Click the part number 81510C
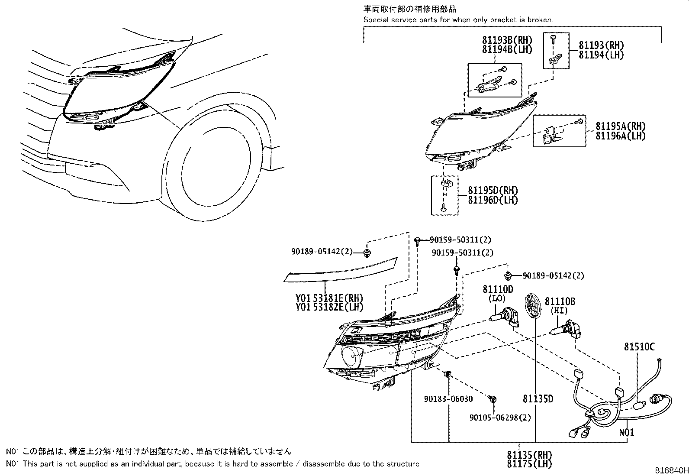pyautogui.click(x=639, y=346)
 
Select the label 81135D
pyautogui.click(x=538, y=399)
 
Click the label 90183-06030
pyautogui.click(x=448, y=399)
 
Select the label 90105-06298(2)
pyautogui.click(x=500, y=418)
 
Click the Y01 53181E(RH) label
pyautogui.click(x=329, y=298)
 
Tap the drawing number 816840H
pyautogui.click(x=670, y=470)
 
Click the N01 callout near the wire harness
pyautogui.click(x=627, y=432)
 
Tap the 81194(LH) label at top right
pyautogui.click(x=602, y=55)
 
